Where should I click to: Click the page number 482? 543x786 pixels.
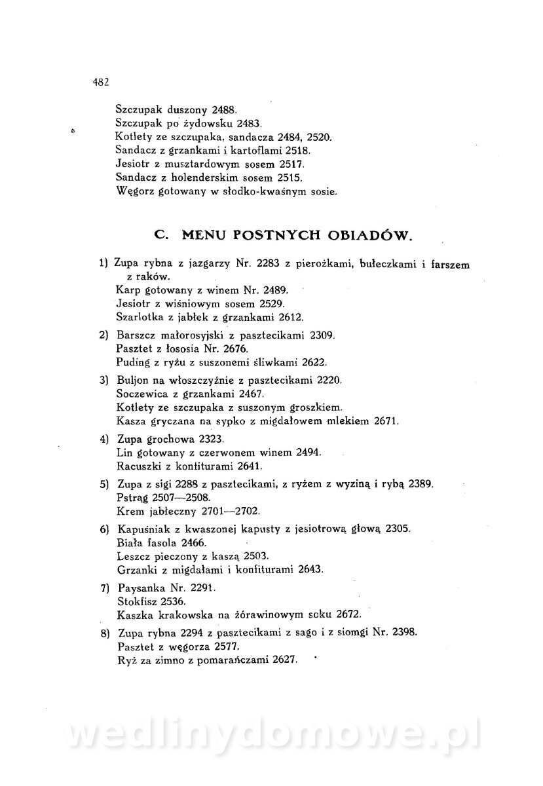100,83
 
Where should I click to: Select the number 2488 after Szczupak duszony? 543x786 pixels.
227,110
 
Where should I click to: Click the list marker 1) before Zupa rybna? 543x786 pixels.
103,264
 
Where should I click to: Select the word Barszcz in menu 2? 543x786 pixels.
136,335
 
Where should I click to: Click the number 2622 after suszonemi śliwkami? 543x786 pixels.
311,362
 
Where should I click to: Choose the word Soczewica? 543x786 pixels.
140,394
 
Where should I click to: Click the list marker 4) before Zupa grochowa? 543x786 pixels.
103,438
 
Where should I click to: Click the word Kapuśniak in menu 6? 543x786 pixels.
142,529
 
